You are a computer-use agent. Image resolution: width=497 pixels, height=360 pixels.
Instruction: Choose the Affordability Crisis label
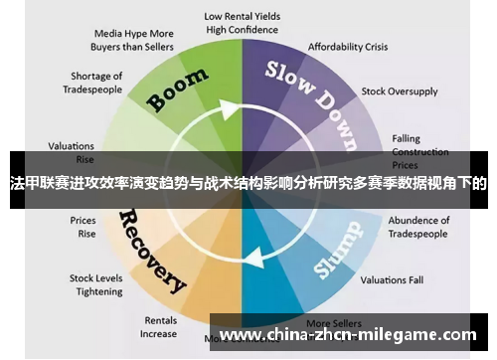[x=347, y=47]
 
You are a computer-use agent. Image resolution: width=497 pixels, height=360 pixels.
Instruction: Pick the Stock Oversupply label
[x=399, y=90]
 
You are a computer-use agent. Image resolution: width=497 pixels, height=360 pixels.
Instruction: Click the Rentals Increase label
[x=159, y=327]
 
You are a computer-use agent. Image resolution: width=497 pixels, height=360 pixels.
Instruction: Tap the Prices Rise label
[x=83, y=227]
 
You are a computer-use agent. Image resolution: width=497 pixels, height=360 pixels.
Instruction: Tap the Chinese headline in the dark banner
[x=248, y=183]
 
